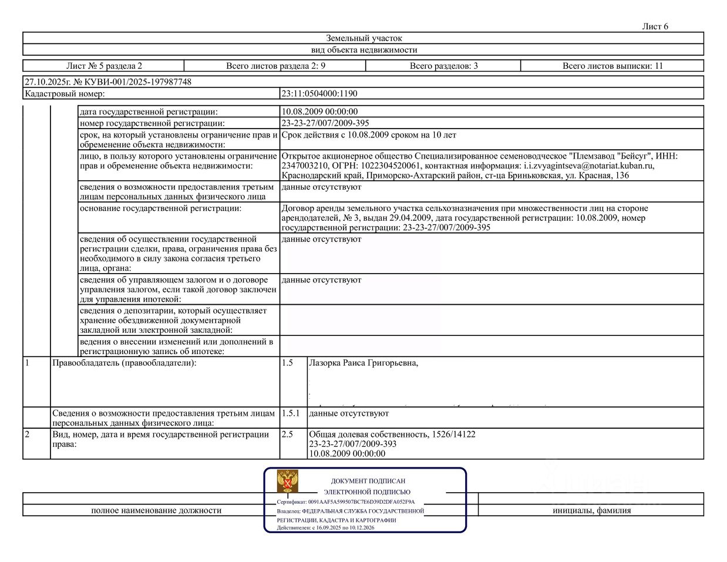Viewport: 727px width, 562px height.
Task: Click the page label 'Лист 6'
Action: (655, 26)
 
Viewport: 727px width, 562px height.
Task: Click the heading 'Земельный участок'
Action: (364, 38)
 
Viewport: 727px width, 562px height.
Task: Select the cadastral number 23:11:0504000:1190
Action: (319, 93)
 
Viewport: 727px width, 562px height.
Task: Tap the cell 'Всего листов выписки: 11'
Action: (612, 66)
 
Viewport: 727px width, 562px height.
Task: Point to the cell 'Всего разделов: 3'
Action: (443, 66)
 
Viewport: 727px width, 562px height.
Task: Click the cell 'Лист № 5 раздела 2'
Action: (104, 66)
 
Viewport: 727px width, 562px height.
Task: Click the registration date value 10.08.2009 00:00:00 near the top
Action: (319, 112)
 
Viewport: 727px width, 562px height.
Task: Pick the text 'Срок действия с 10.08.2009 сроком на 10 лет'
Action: (369, 135)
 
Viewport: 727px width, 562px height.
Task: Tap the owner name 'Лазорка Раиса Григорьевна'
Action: (363, 363)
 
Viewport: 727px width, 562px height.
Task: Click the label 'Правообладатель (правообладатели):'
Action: (124, 363)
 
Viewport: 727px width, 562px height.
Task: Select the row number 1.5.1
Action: (290, 413)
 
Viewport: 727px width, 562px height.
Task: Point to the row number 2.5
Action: (287, 435)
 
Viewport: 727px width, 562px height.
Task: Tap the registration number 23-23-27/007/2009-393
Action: (352, 444)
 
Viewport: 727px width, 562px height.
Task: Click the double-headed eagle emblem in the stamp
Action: (288, 482)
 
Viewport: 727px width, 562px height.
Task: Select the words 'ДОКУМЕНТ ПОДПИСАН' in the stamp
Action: (368, 481)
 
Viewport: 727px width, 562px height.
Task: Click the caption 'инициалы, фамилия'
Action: (591, 510)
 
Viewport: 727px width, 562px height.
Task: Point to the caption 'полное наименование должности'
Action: (156, 510)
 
